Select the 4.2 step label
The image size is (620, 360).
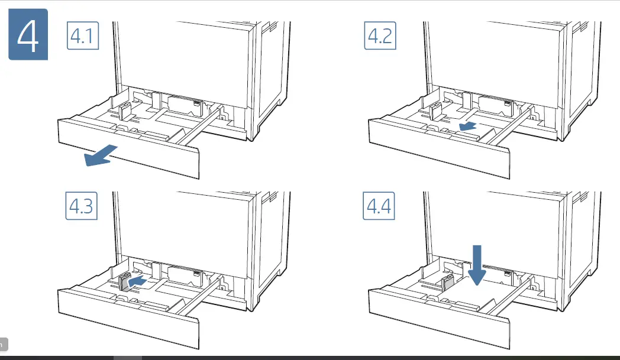pyautogui.click(x=380, y=37)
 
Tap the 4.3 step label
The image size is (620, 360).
pyautogui.click(x=80, y=207)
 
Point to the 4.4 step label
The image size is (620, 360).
pyautogui.click(x=380, y=207)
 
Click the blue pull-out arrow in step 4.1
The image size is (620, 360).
pyautogui.click(x=101, y=157)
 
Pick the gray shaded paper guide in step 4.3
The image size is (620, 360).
pyautogui.click(x=125, y=283)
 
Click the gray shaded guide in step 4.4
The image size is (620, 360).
pyautogui.click(x=447, y=281)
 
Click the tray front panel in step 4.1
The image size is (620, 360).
pyautogui.click(x=127, y=148)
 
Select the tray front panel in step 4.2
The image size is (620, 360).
pyautogui.click(x=438, y=148)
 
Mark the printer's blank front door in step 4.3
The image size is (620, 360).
pyautogui.click(x=183, y=228)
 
